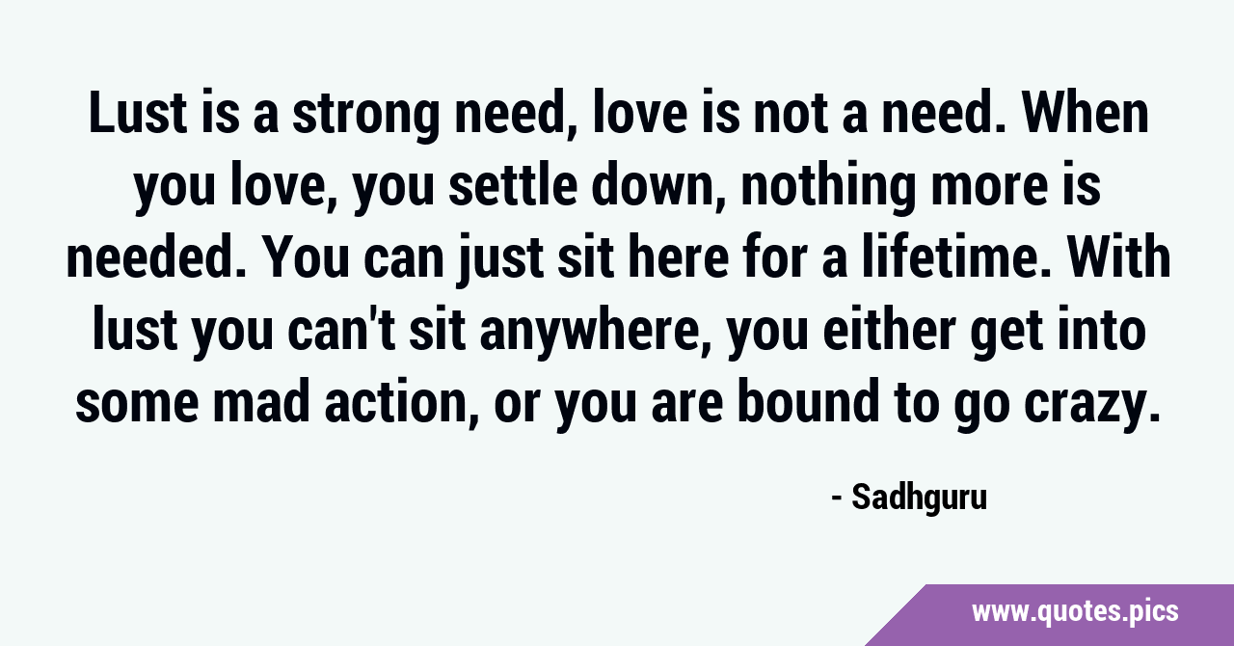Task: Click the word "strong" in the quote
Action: (365, 115)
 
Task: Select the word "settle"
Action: (513, 186)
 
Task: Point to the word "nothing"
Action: (828, 188)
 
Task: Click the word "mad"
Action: (261, 402)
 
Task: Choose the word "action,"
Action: (402, 403)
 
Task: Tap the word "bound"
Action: (808, 402)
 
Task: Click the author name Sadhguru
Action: (919, 498)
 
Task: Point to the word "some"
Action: (136, 405)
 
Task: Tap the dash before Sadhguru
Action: (836, 499)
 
